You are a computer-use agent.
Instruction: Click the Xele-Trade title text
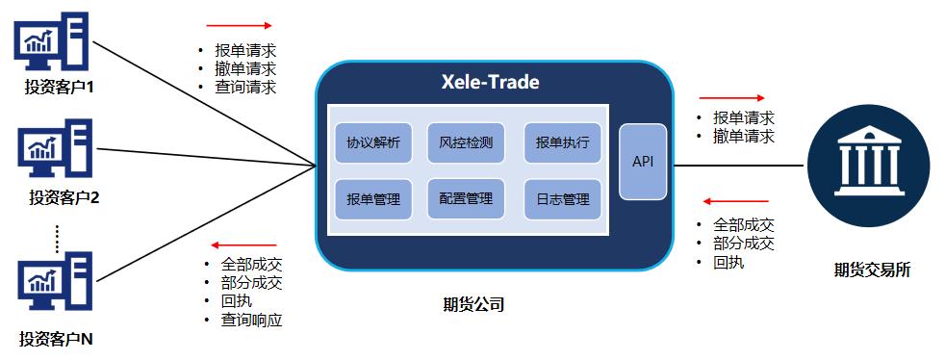coord(483,82)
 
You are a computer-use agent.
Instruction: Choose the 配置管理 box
coord(466,199)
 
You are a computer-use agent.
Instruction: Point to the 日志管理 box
coord(562,199)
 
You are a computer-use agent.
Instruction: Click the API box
coord(643,162)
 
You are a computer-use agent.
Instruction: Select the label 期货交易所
coord(870,270)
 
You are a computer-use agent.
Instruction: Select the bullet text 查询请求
coord(245,87)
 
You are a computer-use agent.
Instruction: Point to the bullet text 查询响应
coord(251,321)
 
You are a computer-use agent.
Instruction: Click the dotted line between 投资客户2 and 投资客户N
coord(58,235)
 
